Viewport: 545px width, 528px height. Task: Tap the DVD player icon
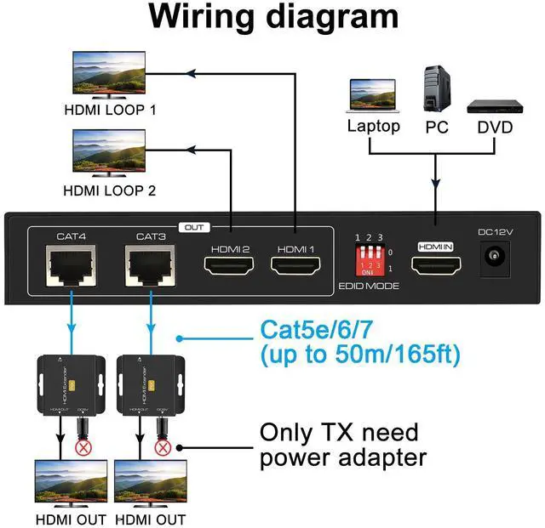[494, 107]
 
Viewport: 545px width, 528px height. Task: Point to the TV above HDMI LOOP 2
[103, 154]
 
